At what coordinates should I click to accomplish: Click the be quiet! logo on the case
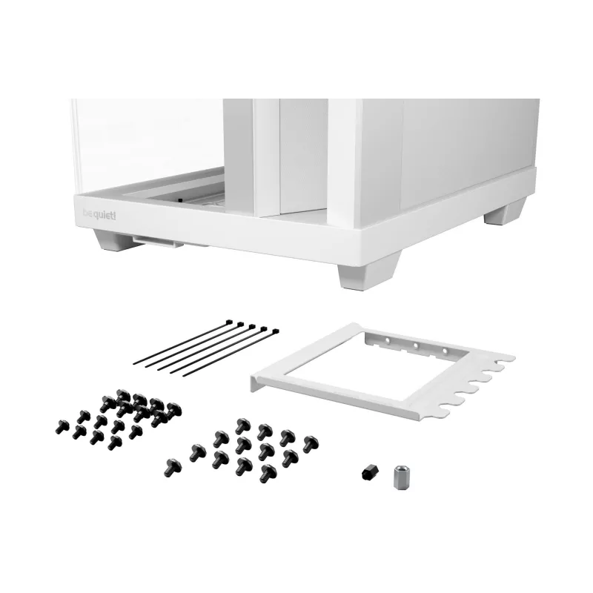coord(99,215)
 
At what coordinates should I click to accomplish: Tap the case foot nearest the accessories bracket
coord(368,271)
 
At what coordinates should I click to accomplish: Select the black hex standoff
coord(369,473)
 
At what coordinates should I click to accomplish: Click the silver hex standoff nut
coord(402,477)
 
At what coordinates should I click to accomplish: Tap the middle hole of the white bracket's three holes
coord(415,345)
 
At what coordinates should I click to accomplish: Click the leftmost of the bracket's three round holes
coord(387,340)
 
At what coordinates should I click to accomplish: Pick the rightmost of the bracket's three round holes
coord(445,351)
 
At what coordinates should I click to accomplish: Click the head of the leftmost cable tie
coord(229,322)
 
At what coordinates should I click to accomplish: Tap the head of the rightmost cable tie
coord(275,331)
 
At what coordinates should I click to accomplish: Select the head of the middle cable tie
coord(252,326)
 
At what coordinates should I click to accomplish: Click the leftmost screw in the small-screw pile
coord(62,427)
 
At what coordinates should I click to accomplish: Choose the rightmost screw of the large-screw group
coord(311,444)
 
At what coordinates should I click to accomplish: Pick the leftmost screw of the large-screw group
coord(173,468)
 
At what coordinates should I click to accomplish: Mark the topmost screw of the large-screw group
coord(242,425)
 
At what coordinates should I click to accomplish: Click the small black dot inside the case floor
coord(180,199)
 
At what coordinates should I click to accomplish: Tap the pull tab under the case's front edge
coord(157,242)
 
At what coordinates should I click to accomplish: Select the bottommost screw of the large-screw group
coord(268,474)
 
